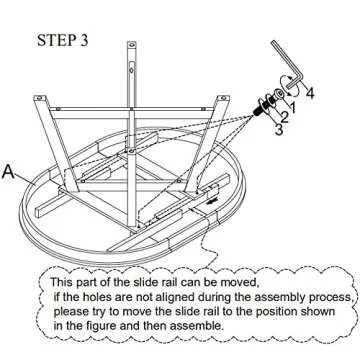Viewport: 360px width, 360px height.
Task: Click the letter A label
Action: [x=10, y=172]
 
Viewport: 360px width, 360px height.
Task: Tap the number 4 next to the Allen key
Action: [x=310, y=95]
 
